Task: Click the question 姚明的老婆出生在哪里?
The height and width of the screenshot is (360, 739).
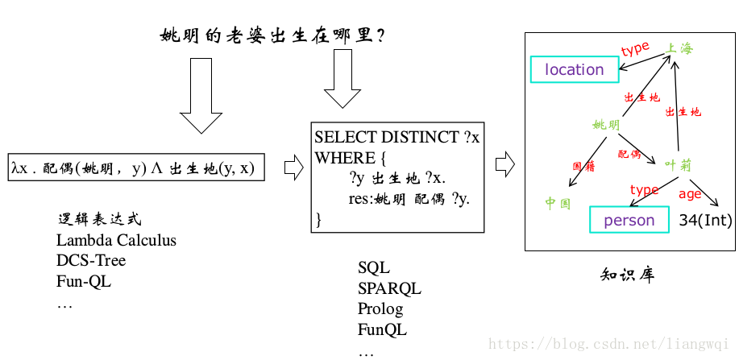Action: pyautogui.click(x=272, y=35)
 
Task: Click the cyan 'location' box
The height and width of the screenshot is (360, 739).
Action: pyautogui.click(x=574, y=69)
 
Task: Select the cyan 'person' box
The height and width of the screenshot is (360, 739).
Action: pyautogui.click(x=629, y=220)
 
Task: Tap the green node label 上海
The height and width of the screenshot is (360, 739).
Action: pyautogui.click(x=679, y=48)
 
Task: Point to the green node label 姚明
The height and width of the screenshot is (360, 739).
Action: pyautogui.click(x=606, y=125)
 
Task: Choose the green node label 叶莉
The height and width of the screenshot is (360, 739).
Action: pyautogui.click(x=679, y=164)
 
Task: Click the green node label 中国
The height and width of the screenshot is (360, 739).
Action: pyautogui.click(x=558, y=203)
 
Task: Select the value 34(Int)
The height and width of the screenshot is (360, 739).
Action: pyautogui.click(x=705, y=220)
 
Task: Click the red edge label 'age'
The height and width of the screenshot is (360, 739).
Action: pyautogui.click(x=690, y=193)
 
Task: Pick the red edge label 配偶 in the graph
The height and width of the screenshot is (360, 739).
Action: pyautogui.click(x=629, y=153)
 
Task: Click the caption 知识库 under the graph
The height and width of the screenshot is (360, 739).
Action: pyautogui.click(x=628, y=275)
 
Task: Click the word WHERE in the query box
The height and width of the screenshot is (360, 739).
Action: pyautogui.click(x=345, y=157)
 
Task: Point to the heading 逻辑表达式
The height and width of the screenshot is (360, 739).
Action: pyautogui.click(x=100, y=219)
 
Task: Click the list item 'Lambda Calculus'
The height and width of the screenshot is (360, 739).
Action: pyautogui.click(x=116, y=240)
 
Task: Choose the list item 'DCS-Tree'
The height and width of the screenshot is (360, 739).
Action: pyautogui.click(x=91, y=260)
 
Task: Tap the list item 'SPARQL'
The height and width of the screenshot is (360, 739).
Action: pyautogui.click(x=389, y=288)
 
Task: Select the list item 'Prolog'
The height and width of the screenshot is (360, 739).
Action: pyautogui.click(x=380, y=308)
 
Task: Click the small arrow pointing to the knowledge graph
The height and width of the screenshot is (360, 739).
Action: pyautogui.click(x=504, y=164)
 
